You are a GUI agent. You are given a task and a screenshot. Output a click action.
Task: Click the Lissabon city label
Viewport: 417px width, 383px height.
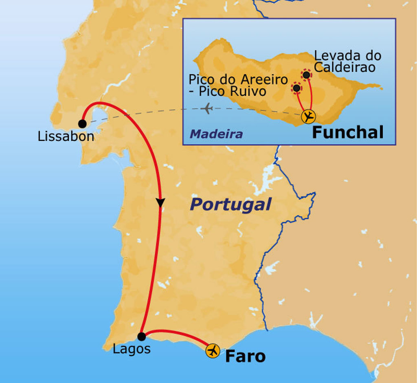click(66, 136)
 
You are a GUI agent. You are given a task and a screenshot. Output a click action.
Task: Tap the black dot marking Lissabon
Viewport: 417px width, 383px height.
click(83, 123)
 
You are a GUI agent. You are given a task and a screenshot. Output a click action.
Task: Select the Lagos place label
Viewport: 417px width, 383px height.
click(132, 349)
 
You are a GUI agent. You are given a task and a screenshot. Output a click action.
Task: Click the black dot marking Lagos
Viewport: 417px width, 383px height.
click(141, 337)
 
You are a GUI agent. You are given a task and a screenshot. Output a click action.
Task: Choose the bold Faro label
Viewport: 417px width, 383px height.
click(245, 357)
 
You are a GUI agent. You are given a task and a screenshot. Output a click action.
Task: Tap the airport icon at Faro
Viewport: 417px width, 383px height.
click(213, 351)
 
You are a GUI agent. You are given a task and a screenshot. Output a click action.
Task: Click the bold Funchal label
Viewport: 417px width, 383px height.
click(348, 132)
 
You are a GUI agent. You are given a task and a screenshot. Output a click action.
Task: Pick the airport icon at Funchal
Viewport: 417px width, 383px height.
click(308, 117)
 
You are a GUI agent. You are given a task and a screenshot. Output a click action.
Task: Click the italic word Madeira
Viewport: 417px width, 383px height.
click(216, 134)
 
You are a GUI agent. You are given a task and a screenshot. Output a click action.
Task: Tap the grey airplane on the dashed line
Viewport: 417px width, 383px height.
click(208, 109)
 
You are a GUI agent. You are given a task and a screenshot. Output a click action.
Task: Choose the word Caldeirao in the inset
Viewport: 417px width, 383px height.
click(345, 67)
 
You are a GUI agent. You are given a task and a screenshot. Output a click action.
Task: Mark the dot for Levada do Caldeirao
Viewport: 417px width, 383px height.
click(306, 75)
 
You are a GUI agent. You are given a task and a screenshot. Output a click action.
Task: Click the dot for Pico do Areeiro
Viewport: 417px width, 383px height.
click(296, 88)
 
